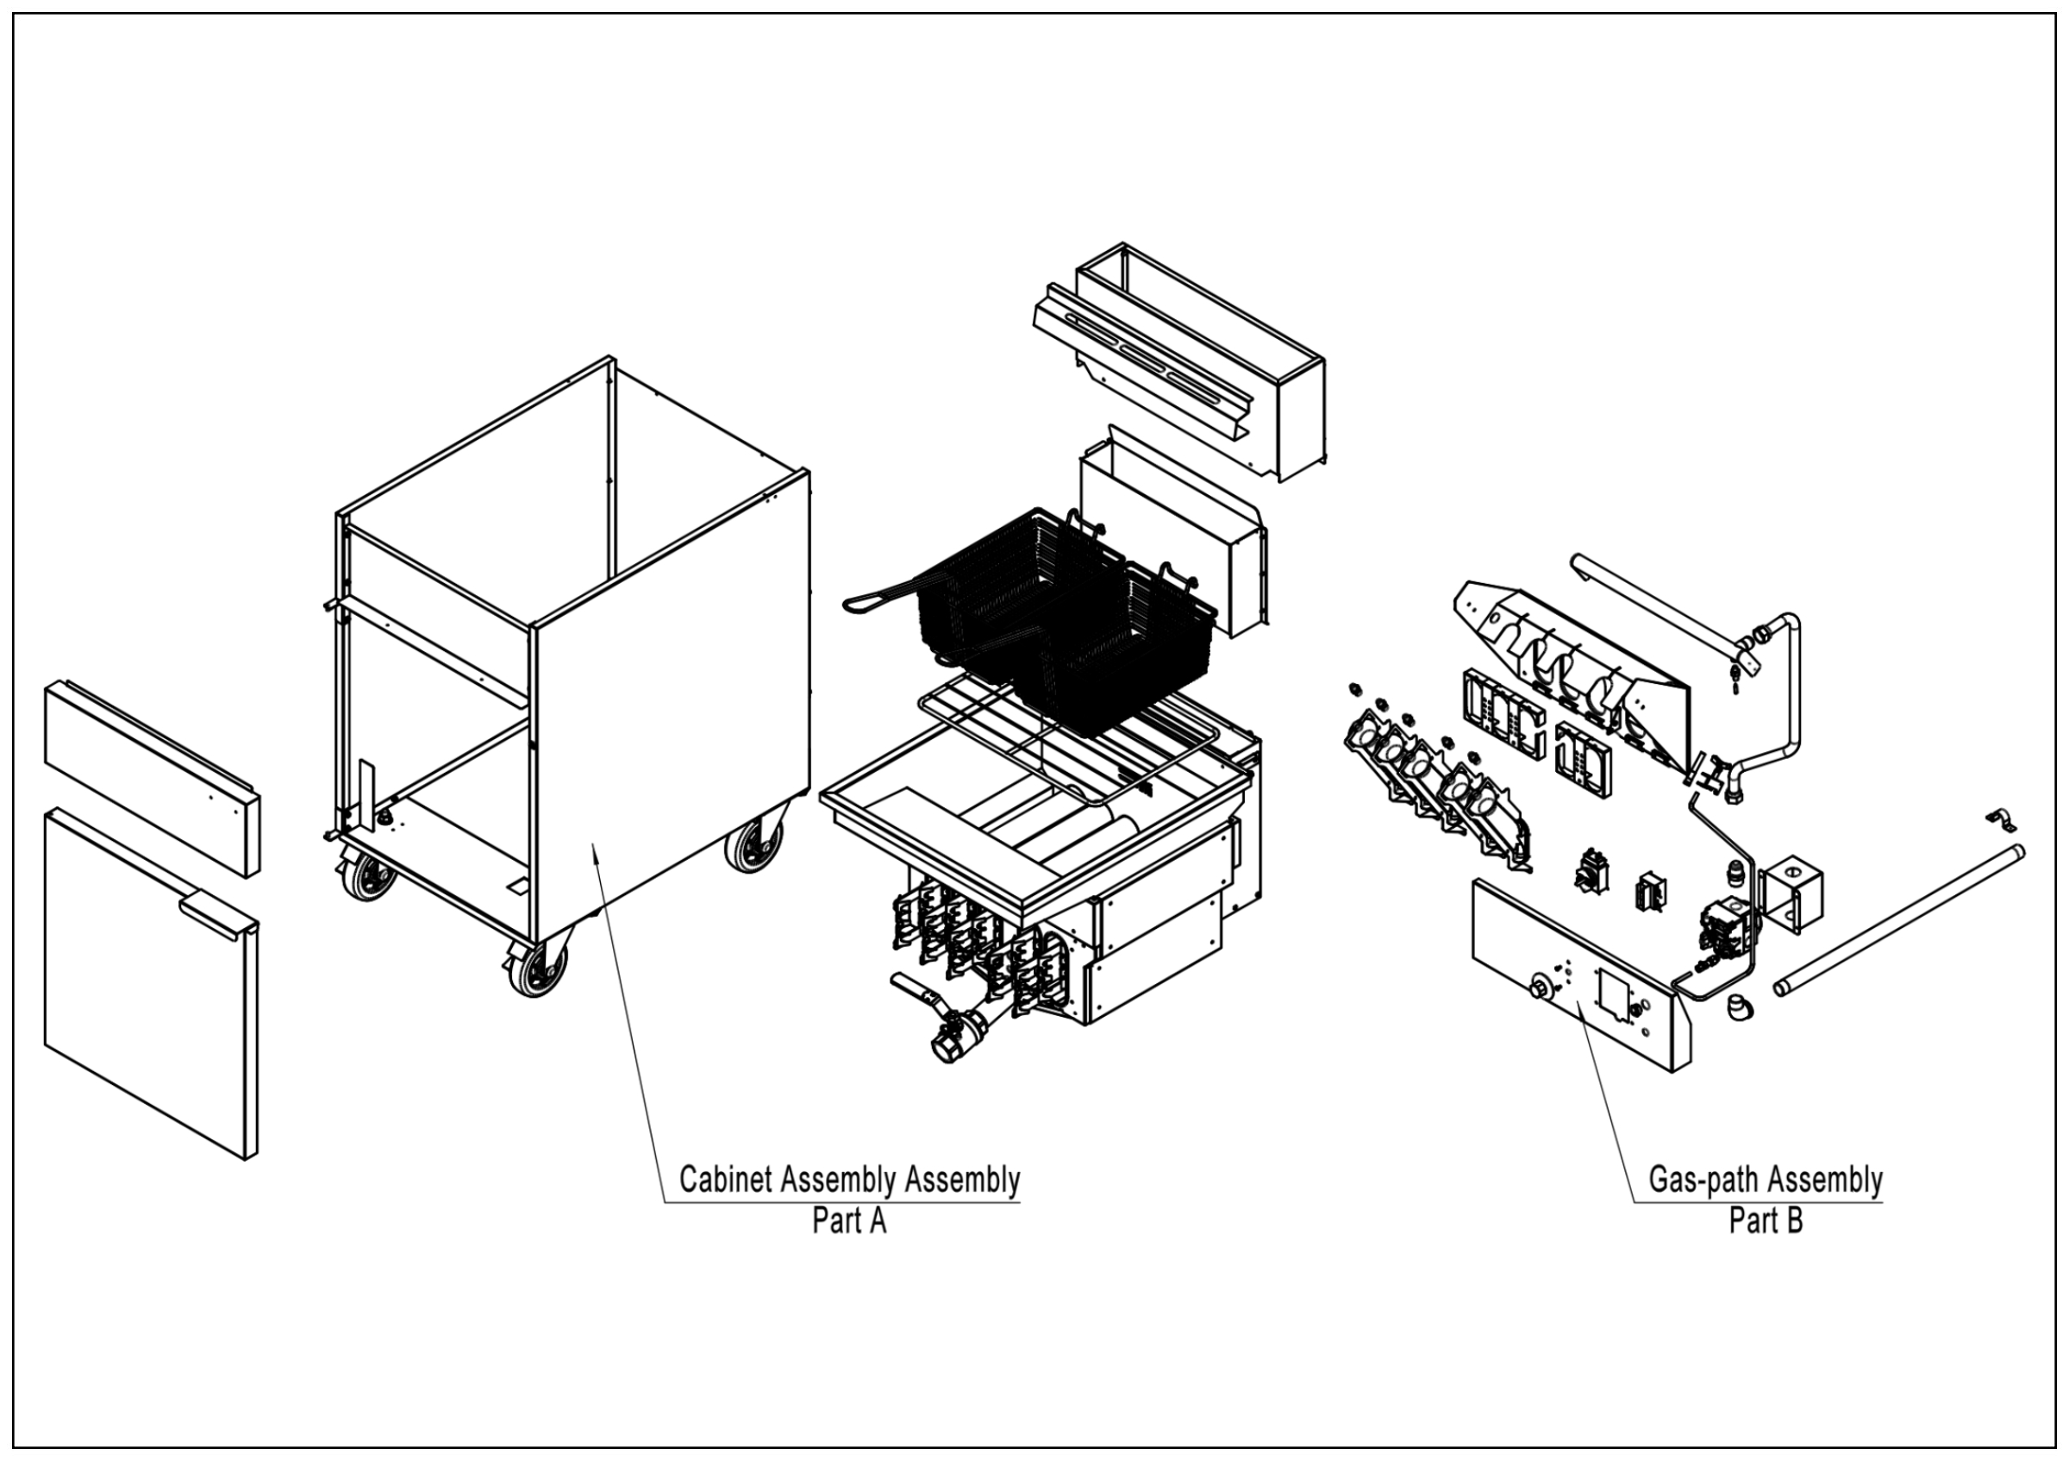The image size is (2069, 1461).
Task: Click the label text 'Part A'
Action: click(x=849, y=1220)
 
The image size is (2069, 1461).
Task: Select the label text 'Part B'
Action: click(x=1766, y=1220)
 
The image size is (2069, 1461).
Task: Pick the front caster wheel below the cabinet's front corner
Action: click(x=538, y=968)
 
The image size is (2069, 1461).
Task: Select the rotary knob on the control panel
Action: click(x=1540, y=988)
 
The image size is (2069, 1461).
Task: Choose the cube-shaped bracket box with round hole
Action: click(x=1791, y=895)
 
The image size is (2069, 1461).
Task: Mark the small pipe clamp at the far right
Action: click(x=2002, y=821)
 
